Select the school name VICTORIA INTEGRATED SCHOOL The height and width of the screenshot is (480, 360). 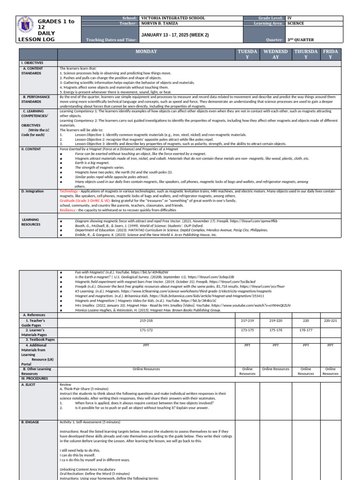pyautogui.click(x=173, y=18)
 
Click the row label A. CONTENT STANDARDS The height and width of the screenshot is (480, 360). pyautogui.click(x=33, y=71)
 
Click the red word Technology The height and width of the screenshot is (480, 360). pyautogui.click(x=68, y=191)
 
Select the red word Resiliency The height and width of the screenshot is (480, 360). pyautogui.click(x=68, y=210)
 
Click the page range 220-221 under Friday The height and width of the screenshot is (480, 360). pyautogui.click(x=330, y=320)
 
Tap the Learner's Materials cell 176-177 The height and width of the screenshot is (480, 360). pyautogui.click(x=306, y=330)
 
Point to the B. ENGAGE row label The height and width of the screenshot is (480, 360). pyautogui.click(x=30, y=422)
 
